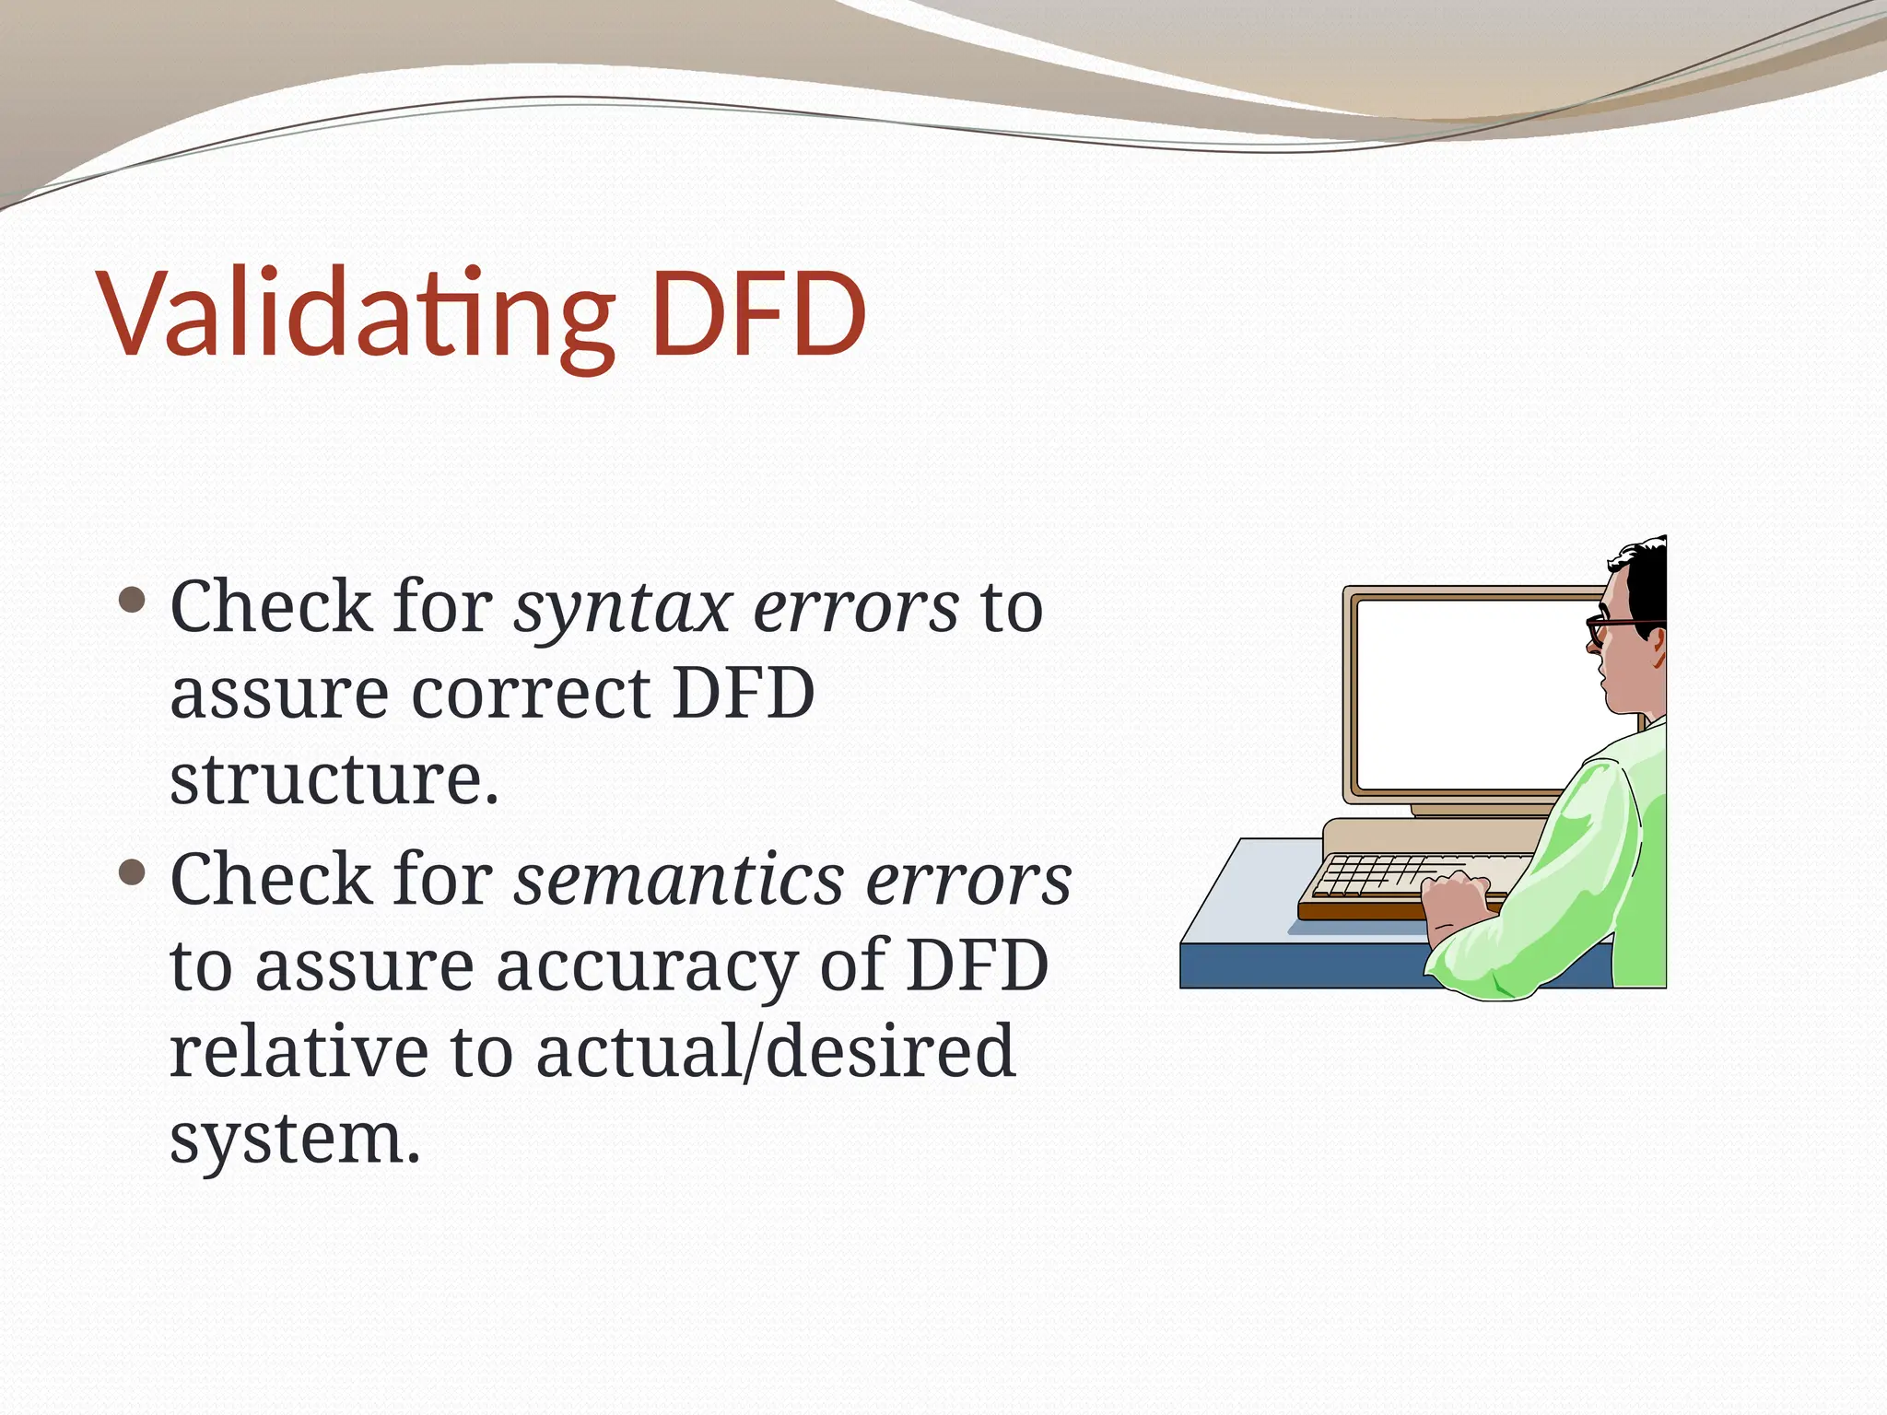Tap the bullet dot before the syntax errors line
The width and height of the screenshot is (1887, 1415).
coord(133,601)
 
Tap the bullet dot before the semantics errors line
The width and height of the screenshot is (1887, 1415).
coord(133,871)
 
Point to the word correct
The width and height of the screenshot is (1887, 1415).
coord(531,693)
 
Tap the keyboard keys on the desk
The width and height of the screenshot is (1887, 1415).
coord(1373,876)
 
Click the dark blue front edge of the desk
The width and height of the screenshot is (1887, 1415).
coord(1299,966)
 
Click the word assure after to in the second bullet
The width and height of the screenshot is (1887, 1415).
coord(364,966)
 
